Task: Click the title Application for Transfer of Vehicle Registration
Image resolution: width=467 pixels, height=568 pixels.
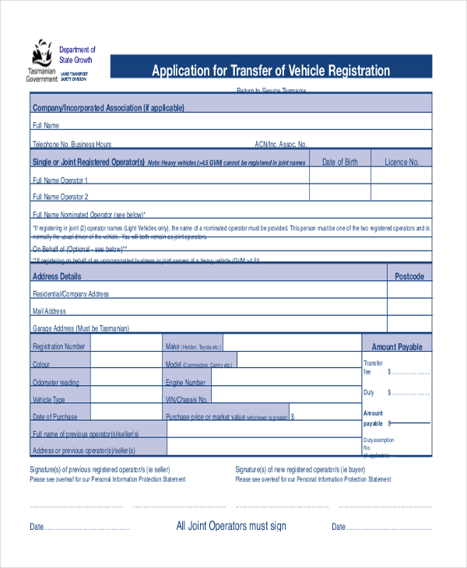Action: coord(271,71)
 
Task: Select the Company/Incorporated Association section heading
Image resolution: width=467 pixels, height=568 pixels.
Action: coord(108,108)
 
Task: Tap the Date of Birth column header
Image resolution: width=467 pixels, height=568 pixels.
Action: coord(340,162)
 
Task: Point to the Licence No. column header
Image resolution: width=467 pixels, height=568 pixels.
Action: coord(402,162)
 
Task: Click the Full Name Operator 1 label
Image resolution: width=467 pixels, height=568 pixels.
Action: coord(71,180)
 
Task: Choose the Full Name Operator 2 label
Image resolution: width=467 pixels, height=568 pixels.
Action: coord(71,197)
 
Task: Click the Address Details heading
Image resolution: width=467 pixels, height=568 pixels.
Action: coord(56,276)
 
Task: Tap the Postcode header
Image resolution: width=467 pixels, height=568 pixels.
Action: coord(409,276)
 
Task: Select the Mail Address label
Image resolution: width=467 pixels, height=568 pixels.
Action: coord(49,311)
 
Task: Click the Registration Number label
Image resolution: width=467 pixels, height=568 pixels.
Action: coord(59,346)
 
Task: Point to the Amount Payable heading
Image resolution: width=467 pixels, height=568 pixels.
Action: coord(397,347)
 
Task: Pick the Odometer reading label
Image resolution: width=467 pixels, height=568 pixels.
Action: coord(55,382)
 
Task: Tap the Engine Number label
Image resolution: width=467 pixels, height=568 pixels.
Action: coord(185,382)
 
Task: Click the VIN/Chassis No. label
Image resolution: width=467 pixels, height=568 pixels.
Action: coord(187,399)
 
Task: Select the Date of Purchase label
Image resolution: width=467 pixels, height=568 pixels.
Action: coord(55,417)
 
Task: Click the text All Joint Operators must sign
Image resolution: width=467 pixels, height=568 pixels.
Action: coord(231,526)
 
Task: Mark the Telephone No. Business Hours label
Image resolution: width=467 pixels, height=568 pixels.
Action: coord(72,144)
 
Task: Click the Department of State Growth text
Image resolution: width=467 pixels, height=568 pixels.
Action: coord(78,54)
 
